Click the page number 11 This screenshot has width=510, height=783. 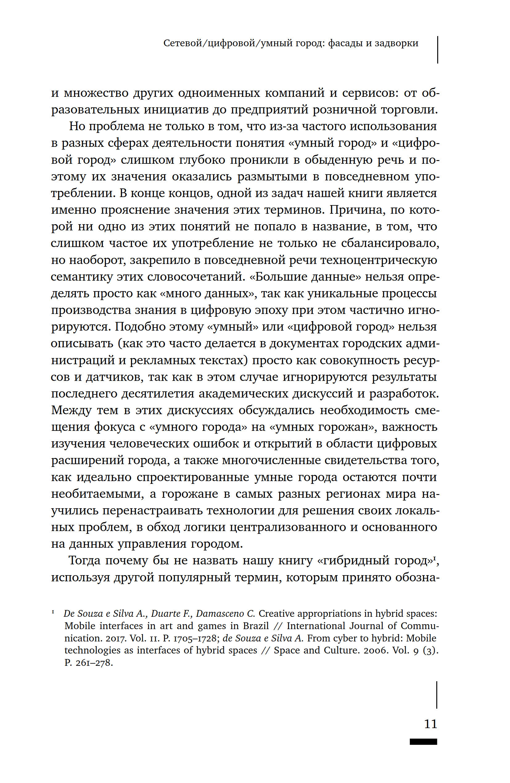pos(430,724)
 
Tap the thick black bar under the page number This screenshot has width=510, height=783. pos(423,742)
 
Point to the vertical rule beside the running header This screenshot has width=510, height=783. pos(438,50)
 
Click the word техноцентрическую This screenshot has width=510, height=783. pos(378,260)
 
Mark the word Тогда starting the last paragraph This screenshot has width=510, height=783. pos(84,561)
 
